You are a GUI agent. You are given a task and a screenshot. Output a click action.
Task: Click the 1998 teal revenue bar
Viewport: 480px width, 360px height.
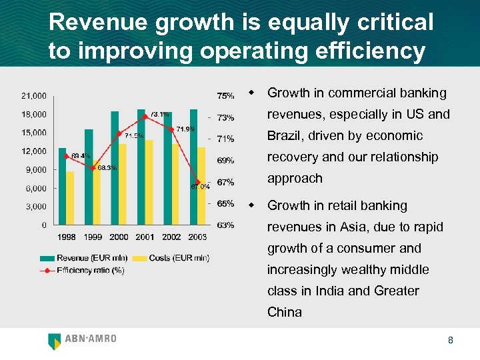tap(62, 186)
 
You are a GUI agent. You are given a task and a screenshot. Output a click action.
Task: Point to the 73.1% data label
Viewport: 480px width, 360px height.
tap(159, 114)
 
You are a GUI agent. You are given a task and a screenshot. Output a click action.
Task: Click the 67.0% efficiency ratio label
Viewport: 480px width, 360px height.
tap(201, 187)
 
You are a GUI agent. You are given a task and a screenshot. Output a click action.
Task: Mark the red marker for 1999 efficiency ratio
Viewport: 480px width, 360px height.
tap(93, 167)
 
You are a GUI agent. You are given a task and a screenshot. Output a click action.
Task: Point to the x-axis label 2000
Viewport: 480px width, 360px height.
tap(119, 237)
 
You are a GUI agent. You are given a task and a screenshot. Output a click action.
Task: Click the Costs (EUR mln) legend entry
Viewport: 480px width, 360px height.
tap(171, 258)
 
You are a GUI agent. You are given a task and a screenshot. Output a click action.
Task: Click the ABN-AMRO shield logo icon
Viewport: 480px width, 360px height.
tap(55, 341)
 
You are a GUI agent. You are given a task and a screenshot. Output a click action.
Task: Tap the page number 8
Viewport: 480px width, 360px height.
tap(451, 341)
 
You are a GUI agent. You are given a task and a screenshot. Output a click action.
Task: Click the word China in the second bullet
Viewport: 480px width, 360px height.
tap(285, 313)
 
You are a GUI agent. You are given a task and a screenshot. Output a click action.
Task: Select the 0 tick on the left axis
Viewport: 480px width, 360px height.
tap(44, 225)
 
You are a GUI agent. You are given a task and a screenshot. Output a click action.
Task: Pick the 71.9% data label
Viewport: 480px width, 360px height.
tap(185, 129)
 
